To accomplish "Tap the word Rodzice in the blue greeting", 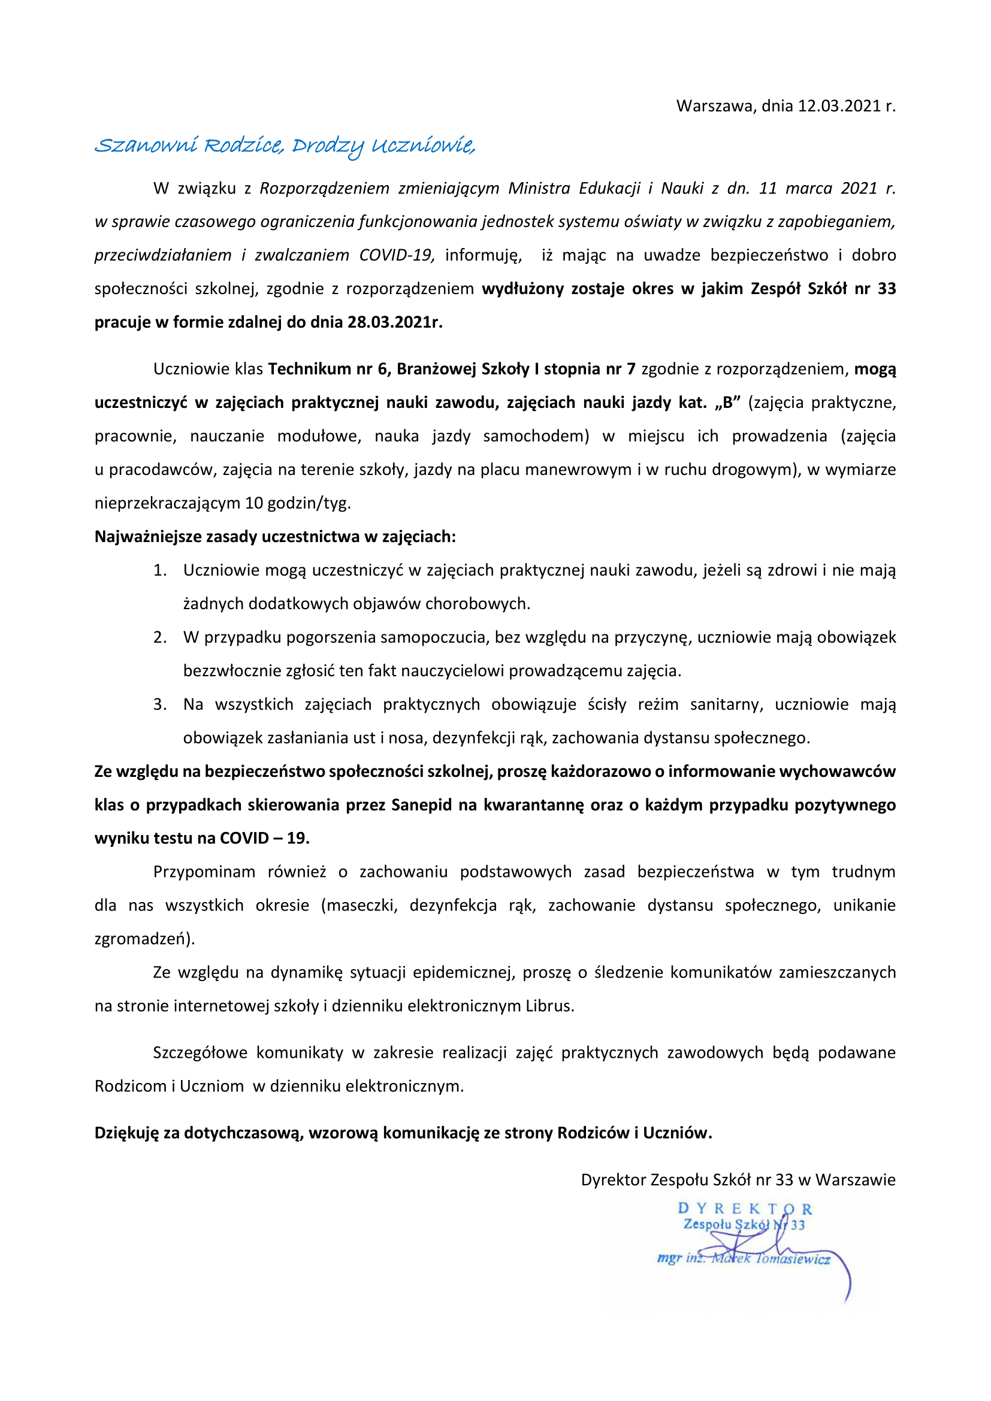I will click(243, 146).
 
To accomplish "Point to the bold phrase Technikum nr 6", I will click(330, 369).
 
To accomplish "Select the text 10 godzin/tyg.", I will click(298, 503).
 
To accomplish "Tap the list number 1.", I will click(159, 571).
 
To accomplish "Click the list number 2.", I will click(159, 638).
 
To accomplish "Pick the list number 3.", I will click(159, 705).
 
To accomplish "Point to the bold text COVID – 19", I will click(264, 839).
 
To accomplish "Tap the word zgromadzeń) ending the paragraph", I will click(144, 939).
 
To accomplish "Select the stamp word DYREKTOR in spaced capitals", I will click(745, 1209).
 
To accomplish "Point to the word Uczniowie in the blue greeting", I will click(422, 146).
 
